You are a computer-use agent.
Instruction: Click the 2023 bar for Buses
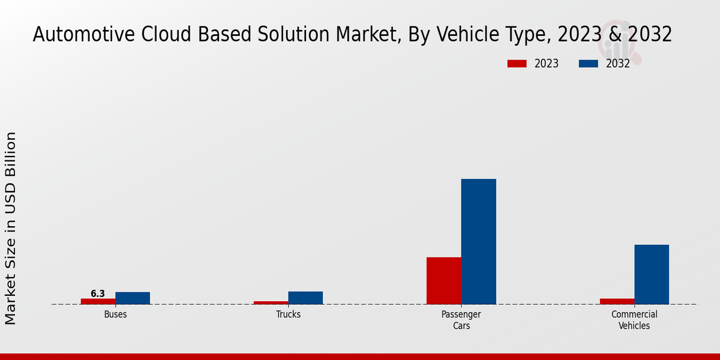pyautogui.click(x=98, y=301)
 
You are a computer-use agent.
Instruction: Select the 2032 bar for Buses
pyautogui.click(x=133, y=298)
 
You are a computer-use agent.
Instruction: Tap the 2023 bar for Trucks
pyautogui.click(x=271, y=302)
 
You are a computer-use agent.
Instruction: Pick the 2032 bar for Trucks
pyautogui.click(x=305, y=298)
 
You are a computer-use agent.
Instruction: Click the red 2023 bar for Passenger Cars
pyautogui.click(x=444, y=281)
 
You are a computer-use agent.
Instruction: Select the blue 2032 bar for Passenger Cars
pyautogui.click(x=479, y=241)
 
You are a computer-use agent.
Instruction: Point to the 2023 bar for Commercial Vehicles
pyautogui.click(x=617, y=301)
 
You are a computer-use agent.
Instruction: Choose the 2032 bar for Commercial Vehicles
pyautogui.click(x=652, y=274)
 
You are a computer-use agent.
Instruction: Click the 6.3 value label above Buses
pyautogui.click(x=98, y=293)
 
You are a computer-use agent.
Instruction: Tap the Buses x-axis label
pyautogui.click(x=115, y=314)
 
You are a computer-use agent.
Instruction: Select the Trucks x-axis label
pyautogui.click(x=288, y=314)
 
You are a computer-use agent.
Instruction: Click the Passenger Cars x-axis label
pyautogui.click(x=461, y=320)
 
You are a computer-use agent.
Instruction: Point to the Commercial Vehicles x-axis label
pyautogui.click(x=634, y=320)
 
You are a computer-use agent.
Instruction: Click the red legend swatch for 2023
pyautogui.click(x=516, y=64)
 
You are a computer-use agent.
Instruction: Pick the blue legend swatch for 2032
pyautogui.click(x=588, y=64)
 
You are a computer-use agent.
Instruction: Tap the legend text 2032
pyautogui.click(x=618, y=64)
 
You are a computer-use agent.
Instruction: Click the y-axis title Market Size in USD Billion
pyautogui.click(x=11, y=228)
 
